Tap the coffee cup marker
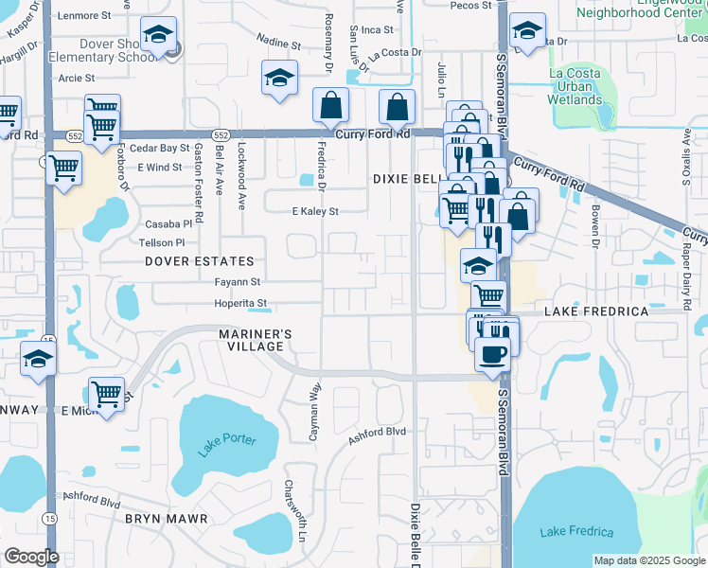coord(490,356)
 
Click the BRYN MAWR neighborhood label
coord(159,519)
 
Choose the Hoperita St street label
coord(241,304)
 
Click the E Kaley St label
coord(314,212)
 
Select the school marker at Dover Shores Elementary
coord(156,37)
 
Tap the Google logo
coord(30,556)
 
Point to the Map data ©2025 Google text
coord(649,560)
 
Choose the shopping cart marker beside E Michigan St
coord(106,394)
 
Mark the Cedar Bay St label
coord(160,149)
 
